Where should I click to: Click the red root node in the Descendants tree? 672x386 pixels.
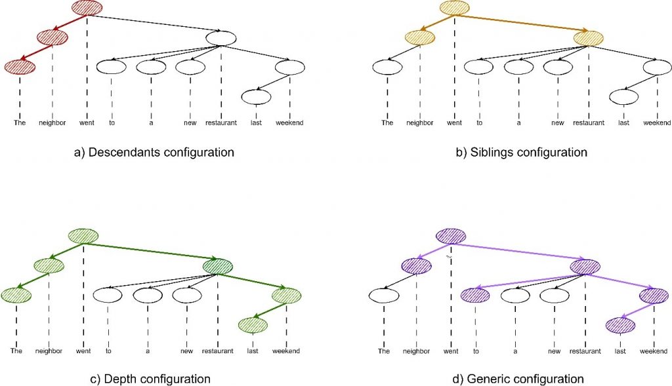(87, 8)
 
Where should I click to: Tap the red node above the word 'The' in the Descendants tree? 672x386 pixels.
(20, 68)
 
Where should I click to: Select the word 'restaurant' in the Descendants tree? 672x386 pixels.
(220, 123)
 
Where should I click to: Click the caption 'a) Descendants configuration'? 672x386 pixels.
(154, 152)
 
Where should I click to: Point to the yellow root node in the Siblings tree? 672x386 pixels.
(454, 8)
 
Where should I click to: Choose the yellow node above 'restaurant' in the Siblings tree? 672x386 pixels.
(589, 39)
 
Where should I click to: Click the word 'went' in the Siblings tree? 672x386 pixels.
(454, 123)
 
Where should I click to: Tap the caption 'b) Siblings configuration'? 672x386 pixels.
(521, 152)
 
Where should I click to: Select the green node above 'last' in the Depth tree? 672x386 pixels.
(253, 326)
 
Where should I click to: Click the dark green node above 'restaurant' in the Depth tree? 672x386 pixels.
(218, 267)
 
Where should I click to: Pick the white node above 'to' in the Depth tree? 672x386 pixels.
(108, 296)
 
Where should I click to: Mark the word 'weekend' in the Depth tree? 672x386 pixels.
(286, 351)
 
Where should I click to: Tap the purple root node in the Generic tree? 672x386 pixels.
(451, 236)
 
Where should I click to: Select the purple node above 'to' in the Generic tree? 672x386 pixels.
(475, 296)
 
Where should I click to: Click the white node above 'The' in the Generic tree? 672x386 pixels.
(384, 296)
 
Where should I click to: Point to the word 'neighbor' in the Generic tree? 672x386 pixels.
(416, 351)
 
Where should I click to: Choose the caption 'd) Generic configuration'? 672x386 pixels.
(518, 379)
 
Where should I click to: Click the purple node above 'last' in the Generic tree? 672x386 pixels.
(621, 326)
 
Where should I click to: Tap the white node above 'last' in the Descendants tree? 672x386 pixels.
(257, 97)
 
